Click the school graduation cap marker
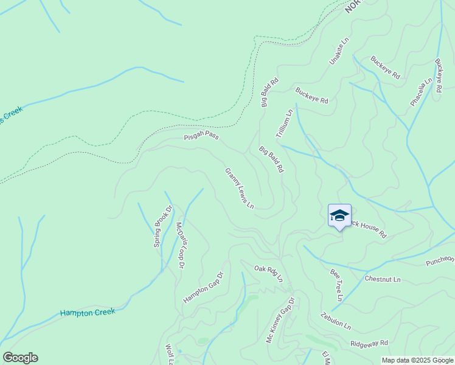point(339,216)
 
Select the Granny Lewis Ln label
point(239,189)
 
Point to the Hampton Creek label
point(87,313)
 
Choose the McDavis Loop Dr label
point(180,245)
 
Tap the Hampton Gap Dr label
point(204,287)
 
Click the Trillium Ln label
point(285,123)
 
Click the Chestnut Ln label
point(383,279)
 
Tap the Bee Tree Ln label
point(336,286)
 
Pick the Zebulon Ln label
point(336,321)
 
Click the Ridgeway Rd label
point(369,344)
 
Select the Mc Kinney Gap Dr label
point(280,320)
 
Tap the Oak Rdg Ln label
point(269,272)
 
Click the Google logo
point(20,358)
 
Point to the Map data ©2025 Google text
point(417,360)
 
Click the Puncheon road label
point(440,261)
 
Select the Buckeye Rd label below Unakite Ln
point(311,96)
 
